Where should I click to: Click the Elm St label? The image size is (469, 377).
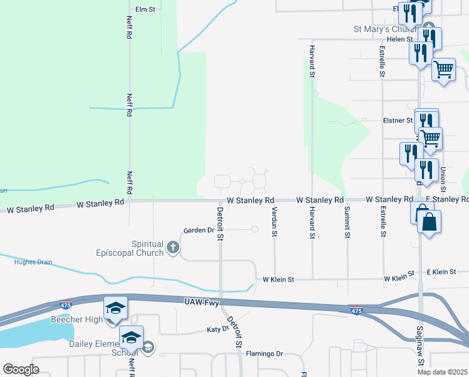coord(145,9)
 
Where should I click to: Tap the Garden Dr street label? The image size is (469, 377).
coord(199,231)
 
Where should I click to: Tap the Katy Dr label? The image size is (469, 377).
coord(218,329)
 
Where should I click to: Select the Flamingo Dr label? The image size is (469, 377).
coord(264,354)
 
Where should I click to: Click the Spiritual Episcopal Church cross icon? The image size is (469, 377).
coord(174,248)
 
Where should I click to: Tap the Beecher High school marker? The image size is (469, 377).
coord(115,309)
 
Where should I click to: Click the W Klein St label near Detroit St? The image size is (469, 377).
coord(278,278)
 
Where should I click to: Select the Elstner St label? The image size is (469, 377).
coord(398,120)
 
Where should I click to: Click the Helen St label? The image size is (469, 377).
coord(399,39)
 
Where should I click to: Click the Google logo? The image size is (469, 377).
coord(21,369)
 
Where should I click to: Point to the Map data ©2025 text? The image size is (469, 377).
coord(442,372)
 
